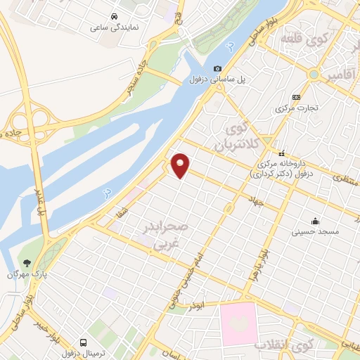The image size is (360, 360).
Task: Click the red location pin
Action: click(181, 165)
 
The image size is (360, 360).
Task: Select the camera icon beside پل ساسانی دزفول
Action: click(218, 68)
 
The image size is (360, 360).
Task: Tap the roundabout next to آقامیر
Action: click(313, 75)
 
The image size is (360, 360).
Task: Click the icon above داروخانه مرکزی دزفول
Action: click(281, 153)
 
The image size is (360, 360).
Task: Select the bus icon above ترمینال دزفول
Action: click(84, 342)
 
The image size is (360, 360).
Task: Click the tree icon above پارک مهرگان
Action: click(27, 262)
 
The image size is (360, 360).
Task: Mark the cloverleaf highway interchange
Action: click(37, 120)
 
